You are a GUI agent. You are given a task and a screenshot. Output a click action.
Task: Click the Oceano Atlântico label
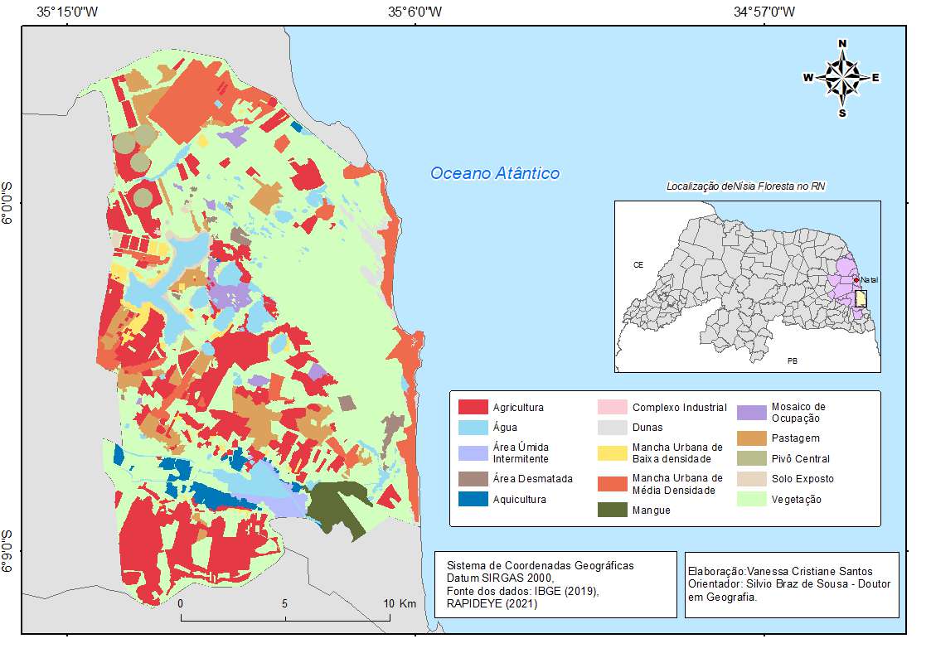tap(494, 173)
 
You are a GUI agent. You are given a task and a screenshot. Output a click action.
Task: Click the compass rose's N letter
tap(842, 43)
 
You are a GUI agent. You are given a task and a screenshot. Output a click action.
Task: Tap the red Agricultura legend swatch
tap(473, 407)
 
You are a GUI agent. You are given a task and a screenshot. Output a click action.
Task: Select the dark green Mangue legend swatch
tap(612, 510)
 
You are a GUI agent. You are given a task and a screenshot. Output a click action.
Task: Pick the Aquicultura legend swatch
tap(473, 499)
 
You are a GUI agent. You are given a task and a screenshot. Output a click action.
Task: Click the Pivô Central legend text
tap(800, 458)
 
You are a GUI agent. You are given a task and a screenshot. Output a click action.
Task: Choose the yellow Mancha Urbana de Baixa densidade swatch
tap(612, 452)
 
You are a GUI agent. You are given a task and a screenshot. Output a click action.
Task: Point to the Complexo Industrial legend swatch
tap(612, 407)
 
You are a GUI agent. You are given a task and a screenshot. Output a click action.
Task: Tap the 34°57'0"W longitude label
tap(764, 12)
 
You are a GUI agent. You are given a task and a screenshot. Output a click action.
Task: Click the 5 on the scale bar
tap(284, 603)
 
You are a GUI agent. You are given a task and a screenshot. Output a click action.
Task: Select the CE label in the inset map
tap(638, 266)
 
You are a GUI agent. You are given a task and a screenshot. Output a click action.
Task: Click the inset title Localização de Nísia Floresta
tap(746, 186)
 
